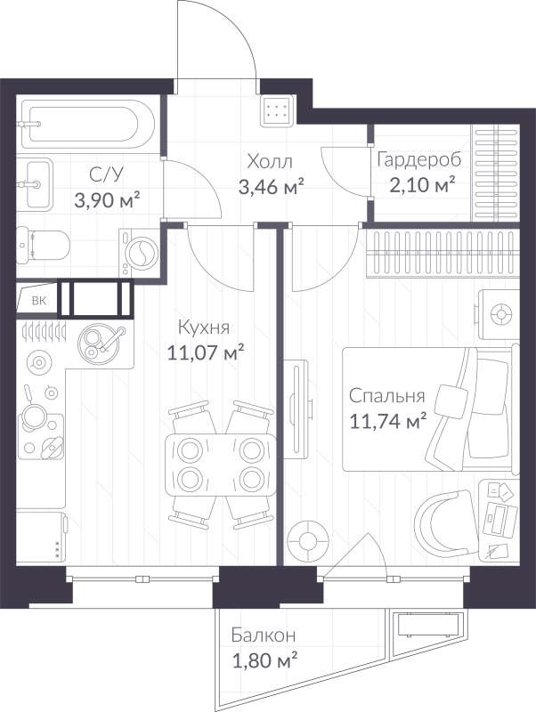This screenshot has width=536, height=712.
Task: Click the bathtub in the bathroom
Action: [x=81, y=125]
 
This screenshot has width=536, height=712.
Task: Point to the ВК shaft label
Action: [x=38, y=300]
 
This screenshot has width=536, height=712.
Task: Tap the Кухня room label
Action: [x=206, y=328]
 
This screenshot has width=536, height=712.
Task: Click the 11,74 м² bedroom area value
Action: [x=387, y=421]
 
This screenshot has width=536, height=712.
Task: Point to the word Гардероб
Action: [x=418, y=160]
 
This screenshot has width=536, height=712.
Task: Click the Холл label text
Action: [x=269, y=161]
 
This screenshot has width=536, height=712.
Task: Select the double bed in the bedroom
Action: [x=427, y=409]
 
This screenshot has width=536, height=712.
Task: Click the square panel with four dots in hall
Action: [x=277, y=111]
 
